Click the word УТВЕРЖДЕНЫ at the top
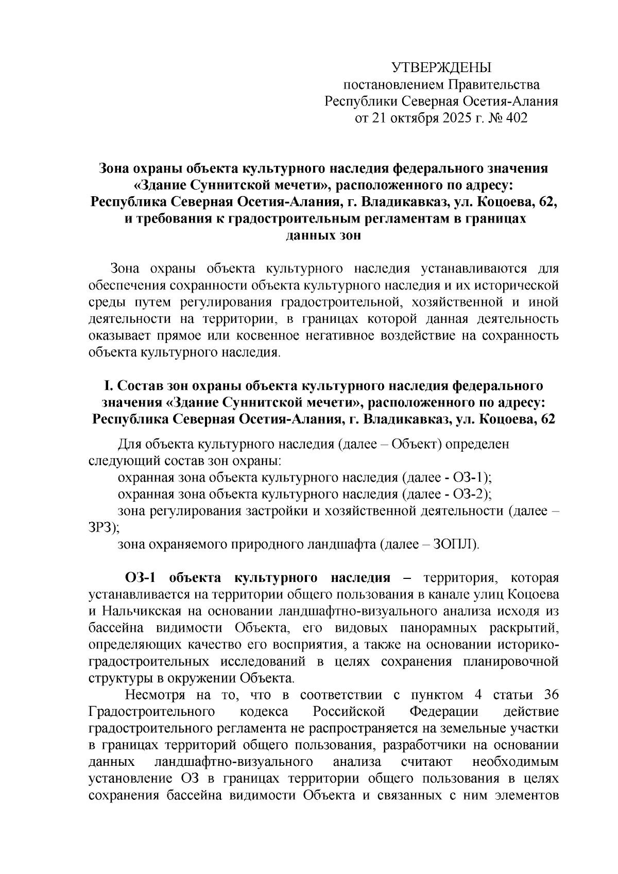pyautogui.click(x=441, y=68)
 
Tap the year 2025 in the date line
pyautogui.click(x=450, y=118)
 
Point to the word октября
pyautogui.click(x=405, y=118)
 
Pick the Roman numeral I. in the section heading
pyautogui.click(x=108, y=386)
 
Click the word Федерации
pyautogui.click(x=444, y=712)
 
